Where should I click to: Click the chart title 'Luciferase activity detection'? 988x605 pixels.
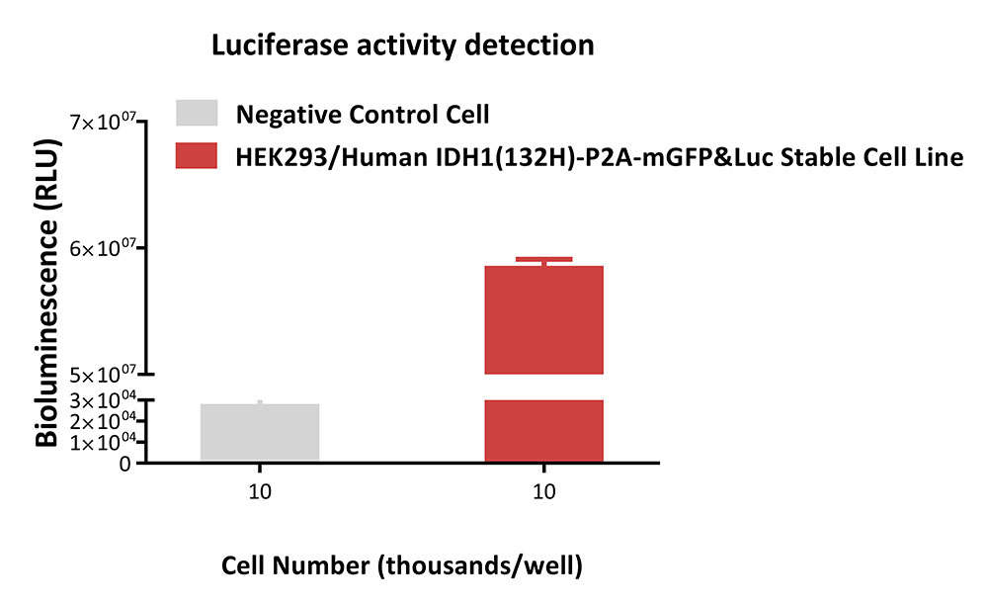(403, 46)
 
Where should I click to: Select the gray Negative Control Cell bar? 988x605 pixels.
(260, 432)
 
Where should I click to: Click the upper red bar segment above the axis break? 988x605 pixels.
(543, 320)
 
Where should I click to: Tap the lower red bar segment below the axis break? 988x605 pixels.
(543, 430)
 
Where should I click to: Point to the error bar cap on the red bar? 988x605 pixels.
(543, 259)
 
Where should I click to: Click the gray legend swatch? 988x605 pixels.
(197, 114)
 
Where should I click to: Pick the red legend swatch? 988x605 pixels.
(197, 155)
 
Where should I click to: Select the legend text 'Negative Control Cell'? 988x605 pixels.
(363, 115)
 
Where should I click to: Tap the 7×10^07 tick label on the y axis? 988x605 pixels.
(103, 121)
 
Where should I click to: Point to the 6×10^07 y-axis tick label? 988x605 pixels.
(103, 248)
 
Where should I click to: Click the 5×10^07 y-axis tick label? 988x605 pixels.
(103, 375)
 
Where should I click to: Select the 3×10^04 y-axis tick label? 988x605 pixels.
(103, 400)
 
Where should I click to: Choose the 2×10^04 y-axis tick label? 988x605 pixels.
(103, 421)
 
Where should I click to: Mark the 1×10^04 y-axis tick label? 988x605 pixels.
(103, 443)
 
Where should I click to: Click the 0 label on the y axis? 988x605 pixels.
(124, 464)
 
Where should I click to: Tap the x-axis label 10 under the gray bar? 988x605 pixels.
(260, 491)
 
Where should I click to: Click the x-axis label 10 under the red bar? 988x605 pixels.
(543, 491)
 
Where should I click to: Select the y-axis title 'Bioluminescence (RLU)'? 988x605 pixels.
(46, 293)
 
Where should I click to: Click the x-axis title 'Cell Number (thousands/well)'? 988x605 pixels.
(402, 565)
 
